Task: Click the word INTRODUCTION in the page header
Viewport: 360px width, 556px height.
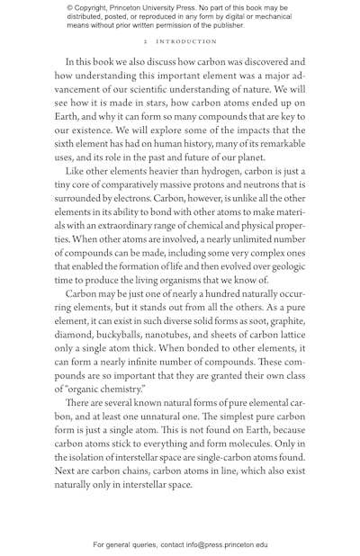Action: click(x=187, y=41)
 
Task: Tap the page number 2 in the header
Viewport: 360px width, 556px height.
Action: click(x=145, y=41)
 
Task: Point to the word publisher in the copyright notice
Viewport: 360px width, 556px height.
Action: click(x=222, y=25)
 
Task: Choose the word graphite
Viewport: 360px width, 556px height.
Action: click(x=286, y=320)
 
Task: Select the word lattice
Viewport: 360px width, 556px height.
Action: click(x=287, y=335)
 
